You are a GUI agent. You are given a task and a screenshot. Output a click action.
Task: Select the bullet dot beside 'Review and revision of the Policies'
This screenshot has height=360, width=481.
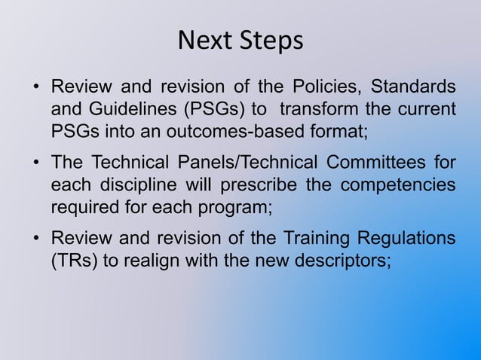tap(35, 87)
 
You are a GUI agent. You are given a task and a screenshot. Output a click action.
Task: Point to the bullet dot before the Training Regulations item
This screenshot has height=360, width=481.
tap(35, 240)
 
